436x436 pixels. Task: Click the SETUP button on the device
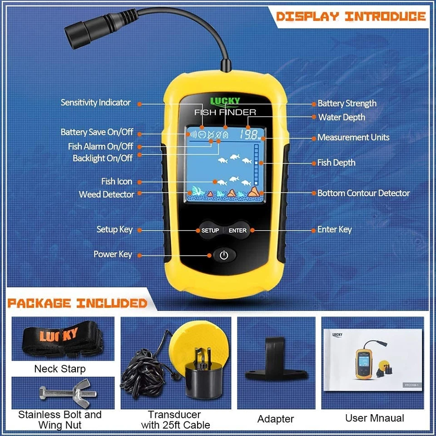(210, 230)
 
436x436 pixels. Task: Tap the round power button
(223, 255)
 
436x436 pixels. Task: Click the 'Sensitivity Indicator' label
(95, 103)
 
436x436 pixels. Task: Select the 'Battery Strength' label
(347, 104)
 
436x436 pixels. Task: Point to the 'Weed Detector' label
(106, 194)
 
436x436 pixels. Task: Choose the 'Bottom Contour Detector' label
(363, 193)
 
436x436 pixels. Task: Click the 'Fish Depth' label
(336, 163)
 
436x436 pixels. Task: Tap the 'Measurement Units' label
(353, 137)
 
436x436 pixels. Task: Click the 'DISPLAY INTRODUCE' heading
(351, 17)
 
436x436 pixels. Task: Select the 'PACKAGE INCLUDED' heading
(77, 303)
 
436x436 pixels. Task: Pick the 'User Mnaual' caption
(374, 418)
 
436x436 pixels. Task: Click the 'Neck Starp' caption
(59, 369)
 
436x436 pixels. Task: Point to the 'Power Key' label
(113, 254)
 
